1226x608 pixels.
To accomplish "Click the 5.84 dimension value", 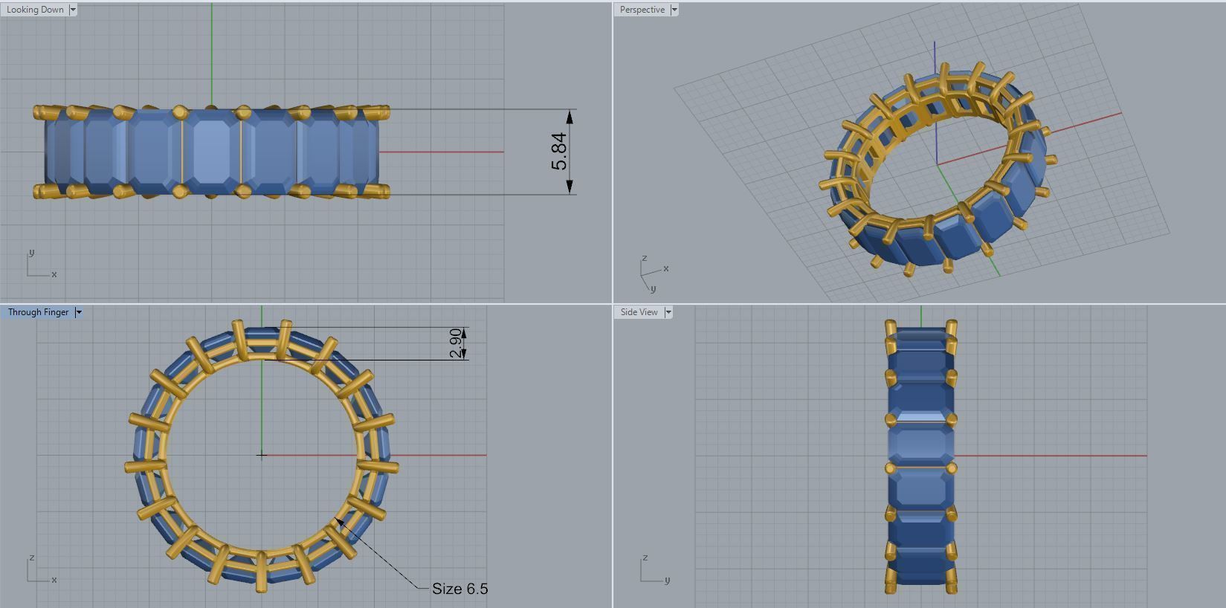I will [x=559, y=152].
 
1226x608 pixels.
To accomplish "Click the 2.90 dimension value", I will [x=455, y=343].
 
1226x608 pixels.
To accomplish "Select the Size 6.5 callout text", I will [x=459, y=589].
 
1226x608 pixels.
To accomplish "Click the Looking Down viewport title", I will [x=35, y=10].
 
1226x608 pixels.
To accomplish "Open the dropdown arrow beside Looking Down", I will [x=73, y=10].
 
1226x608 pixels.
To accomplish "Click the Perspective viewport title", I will [x=642, y=10].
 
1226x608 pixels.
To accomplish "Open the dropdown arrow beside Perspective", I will [x=674, y=10].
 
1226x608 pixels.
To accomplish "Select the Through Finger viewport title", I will [x=38, y=312].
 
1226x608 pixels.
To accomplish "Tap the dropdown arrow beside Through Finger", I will [x=79, y=312].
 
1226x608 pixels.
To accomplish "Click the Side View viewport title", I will [x=639, y=312].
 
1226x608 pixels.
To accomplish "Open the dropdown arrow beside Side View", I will [x=668, y=312].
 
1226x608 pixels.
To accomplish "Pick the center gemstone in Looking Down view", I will [x=212, y=152].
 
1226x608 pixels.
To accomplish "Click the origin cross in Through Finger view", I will [x=262, y=455].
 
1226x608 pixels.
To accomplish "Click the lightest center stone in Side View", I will [x=920, y=446].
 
